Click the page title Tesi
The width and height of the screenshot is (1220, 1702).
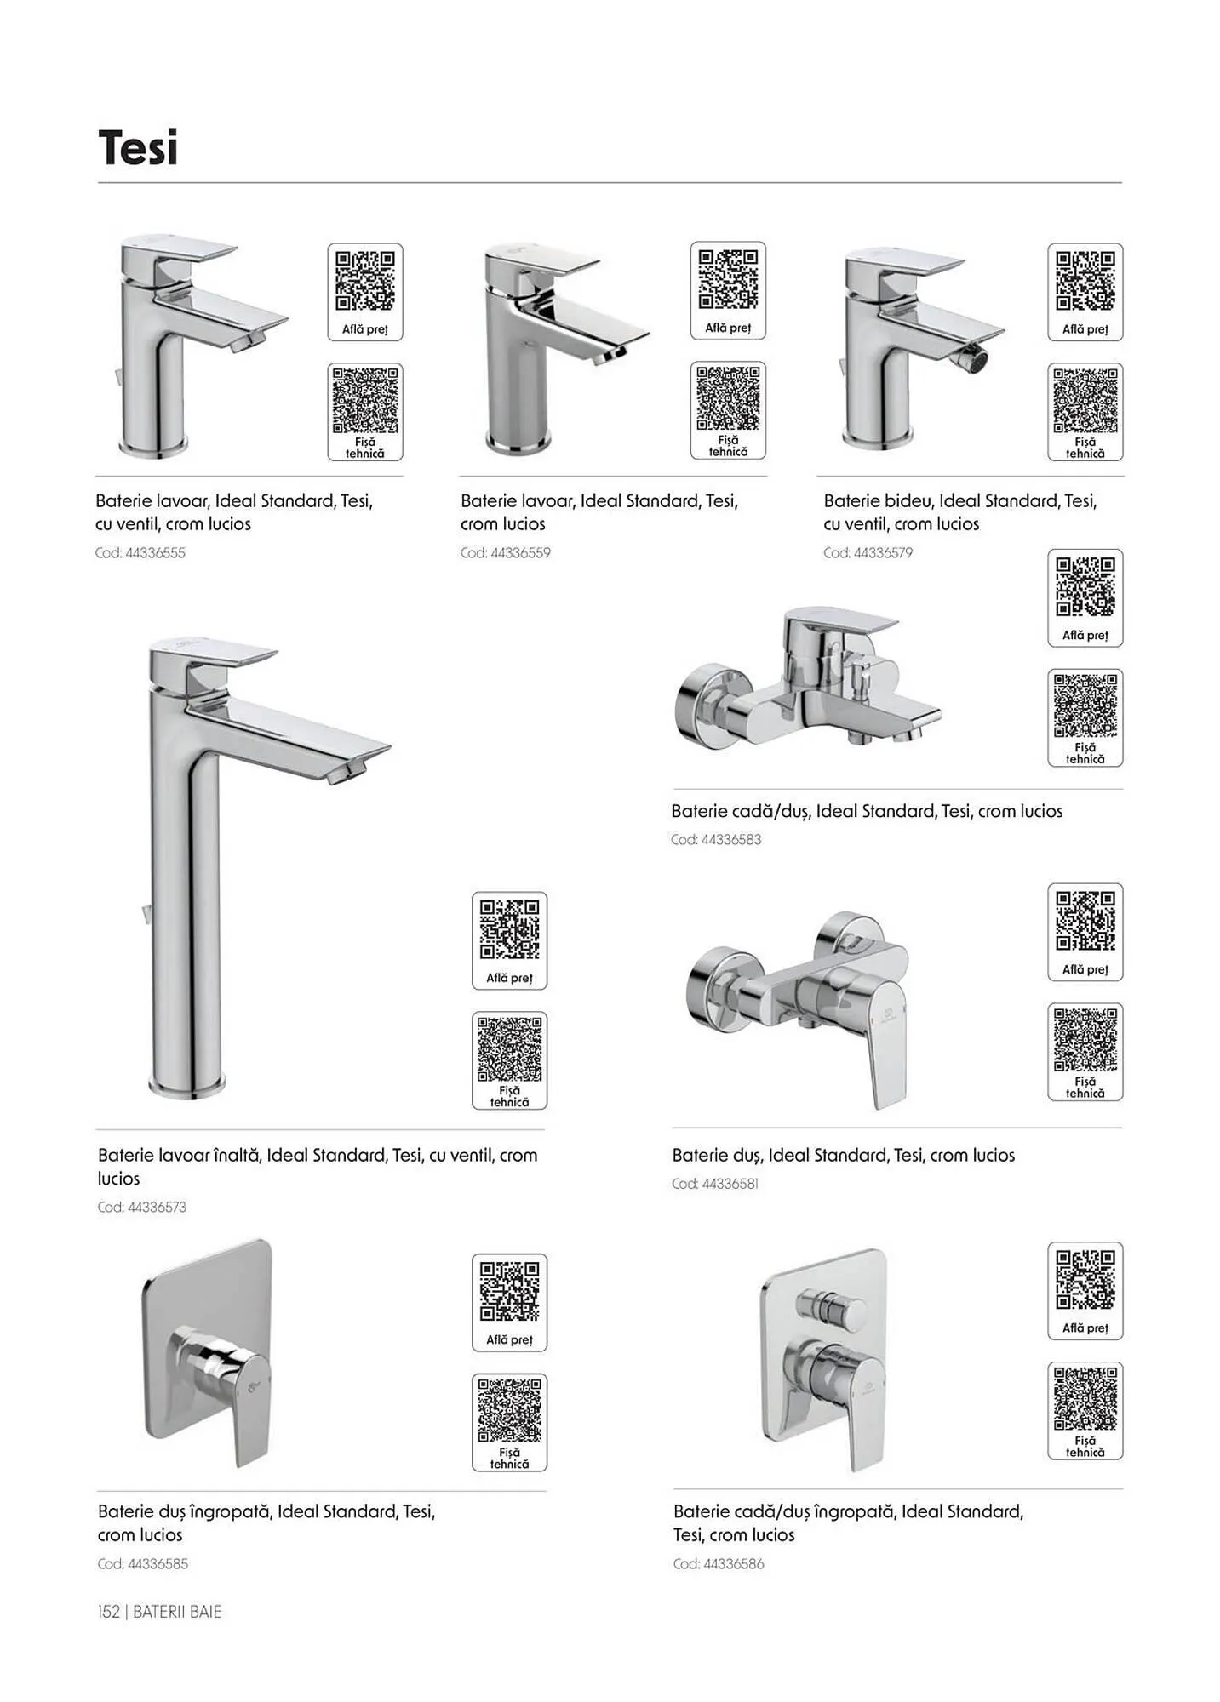pyautogui.click(x=138, y=147)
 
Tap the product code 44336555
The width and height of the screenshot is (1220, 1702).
pyautogui.click(x=155, y=552)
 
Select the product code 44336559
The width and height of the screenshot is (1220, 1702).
pyautogui.click(x=520, y=552)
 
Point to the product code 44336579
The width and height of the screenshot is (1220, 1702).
pyautogui.click(x=883, y=552)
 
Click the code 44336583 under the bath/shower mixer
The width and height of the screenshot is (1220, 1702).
pyautogui.click(x=731, y=839)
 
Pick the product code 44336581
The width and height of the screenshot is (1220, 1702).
pyautogui.click(x=730, y=1183)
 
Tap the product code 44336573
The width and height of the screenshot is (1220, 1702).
pyautogui.click(x=157, y=1207)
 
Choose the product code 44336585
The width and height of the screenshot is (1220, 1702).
pyautogui.click(x=158, y=1563)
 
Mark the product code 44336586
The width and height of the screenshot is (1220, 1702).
pyautogui.click(x=734, y=1563)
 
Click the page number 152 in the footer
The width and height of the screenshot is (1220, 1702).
pyautogui.click(x=109, y=1611)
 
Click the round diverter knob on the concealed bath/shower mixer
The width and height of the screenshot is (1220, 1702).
pyautogui.click(x=831, y=1307)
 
